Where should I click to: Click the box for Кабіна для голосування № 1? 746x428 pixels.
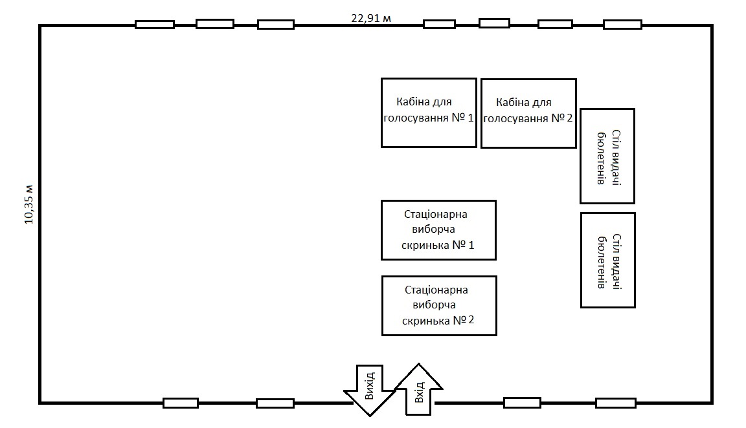429,112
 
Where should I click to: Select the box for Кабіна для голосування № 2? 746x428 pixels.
528,113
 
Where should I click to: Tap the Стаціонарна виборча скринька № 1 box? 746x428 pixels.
438,230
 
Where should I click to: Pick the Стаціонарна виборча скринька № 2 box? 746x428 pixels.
439,306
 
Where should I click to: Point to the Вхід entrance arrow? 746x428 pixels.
419,389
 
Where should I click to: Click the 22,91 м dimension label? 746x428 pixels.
371,18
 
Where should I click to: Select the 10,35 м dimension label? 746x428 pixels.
28,204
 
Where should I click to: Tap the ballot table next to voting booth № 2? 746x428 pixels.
607,156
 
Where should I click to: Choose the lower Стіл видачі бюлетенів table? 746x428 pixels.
607,260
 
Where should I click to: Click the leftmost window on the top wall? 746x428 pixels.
154,25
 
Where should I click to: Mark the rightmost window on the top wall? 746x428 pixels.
622,25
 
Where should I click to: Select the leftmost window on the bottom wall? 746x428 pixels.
181,403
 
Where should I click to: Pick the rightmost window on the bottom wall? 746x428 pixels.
615,403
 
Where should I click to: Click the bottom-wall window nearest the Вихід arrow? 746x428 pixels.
275,403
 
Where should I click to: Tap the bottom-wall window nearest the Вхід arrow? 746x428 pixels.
522,403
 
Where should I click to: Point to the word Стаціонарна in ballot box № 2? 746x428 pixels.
436,290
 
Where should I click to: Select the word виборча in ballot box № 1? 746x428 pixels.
434,230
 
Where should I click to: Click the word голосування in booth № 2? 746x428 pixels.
515,118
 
